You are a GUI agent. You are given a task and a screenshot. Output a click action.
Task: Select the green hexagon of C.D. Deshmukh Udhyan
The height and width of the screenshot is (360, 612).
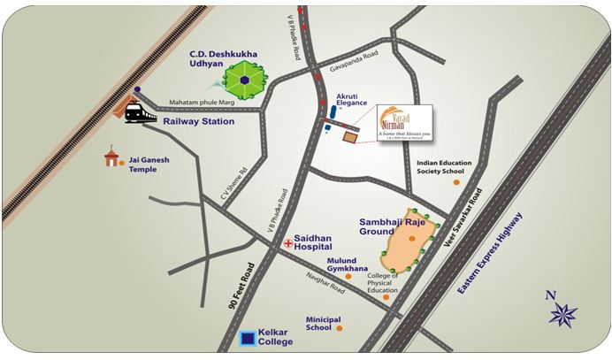tap(240, 82)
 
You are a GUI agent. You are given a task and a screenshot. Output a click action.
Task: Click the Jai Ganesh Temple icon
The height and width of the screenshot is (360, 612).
tap(111, 157)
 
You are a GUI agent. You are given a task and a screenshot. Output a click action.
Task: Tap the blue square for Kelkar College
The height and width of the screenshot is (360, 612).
tap(250, 338)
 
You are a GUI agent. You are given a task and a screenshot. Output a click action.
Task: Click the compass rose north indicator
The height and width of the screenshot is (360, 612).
tap(562, 312)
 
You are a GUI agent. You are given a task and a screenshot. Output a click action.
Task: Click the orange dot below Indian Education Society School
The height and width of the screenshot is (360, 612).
tap(456, 182)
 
